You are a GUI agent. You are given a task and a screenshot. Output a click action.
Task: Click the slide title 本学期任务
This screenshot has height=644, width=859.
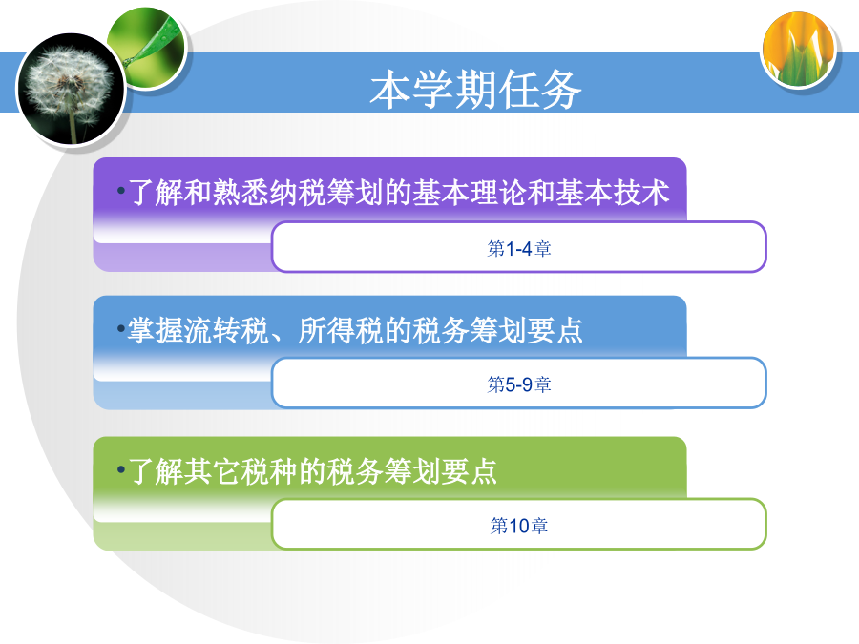[475, 89]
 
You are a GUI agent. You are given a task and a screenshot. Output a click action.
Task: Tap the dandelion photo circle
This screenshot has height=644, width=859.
[72, 89]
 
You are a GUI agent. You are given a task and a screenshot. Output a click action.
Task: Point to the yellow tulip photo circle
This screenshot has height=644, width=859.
[799, 50]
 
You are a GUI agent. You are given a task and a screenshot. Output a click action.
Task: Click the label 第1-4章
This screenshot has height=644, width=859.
[519, 249]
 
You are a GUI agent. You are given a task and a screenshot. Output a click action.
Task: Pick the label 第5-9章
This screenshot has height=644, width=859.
[519, 384]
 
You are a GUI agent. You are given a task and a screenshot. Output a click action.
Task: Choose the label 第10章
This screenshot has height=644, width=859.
[519, 526]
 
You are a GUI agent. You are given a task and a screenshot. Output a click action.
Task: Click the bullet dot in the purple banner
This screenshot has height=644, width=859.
[121, 191]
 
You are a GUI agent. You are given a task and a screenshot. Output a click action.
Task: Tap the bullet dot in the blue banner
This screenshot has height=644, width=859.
[121, 329]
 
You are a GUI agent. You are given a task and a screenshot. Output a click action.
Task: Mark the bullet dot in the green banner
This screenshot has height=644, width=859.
[121, 469]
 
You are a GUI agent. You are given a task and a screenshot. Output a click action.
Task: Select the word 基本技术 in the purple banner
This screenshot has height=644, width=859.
[613, 192]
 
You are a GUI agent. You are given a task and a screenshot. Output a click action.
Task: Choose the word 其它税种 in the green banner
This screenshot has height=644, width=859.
[241, 471]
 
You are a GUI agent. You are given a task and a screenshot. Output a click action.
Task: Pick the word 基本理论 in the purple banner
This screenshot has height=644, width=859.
[469, 192]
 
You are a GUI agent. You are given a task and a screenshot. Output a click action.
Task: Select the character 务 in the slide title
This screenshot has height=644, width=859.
[560, 89]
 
